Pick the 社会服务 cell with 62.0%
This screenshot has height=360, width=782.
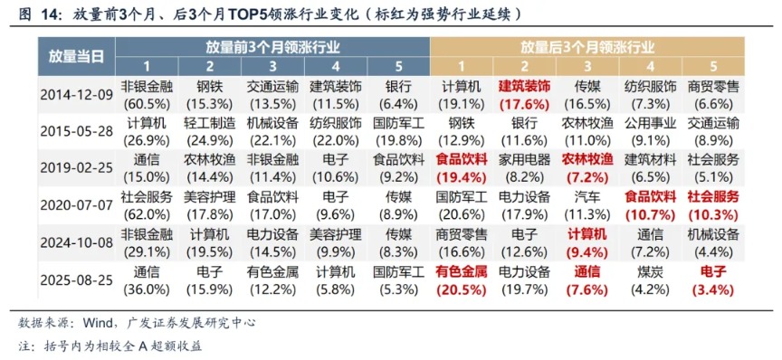[x=145, y=205]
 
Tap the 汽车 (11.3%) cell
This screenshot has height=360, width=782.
[x=587, y=205]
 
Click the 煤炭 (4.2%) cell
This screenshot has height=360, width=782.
[x=650, y=279]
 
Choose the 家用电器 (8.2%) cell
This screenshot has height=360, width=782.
[x=524, y=167]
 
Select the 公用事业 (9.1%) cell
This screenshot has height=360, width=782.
[x=650, y=131]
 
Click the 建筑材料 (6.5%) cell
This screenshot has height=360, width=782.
[x=650, y=167]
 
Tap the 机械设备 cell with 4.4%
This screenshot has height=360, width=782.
[x=713, y=242]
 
